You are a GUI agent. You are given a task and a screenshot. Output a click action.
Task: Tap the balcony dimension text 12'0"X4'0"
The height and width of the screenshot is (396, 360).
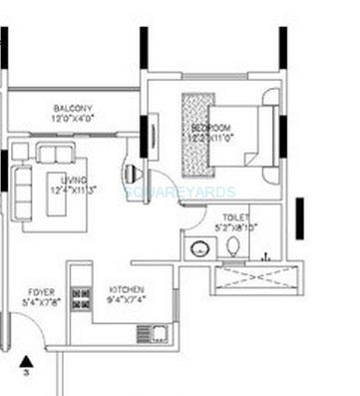(x=73, y=119)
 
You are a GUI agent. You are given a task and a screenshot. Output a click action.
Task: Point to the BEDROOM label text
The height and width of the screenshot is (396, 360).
(x=211, y=129)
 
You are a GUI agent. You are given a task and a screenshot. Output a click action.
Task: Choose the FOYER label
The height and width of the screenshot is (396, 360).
(x=41, y=292)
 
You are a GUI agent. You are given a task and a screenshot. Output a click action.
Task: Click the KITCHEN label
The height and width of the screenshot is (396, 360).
(x=126, y=290)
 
